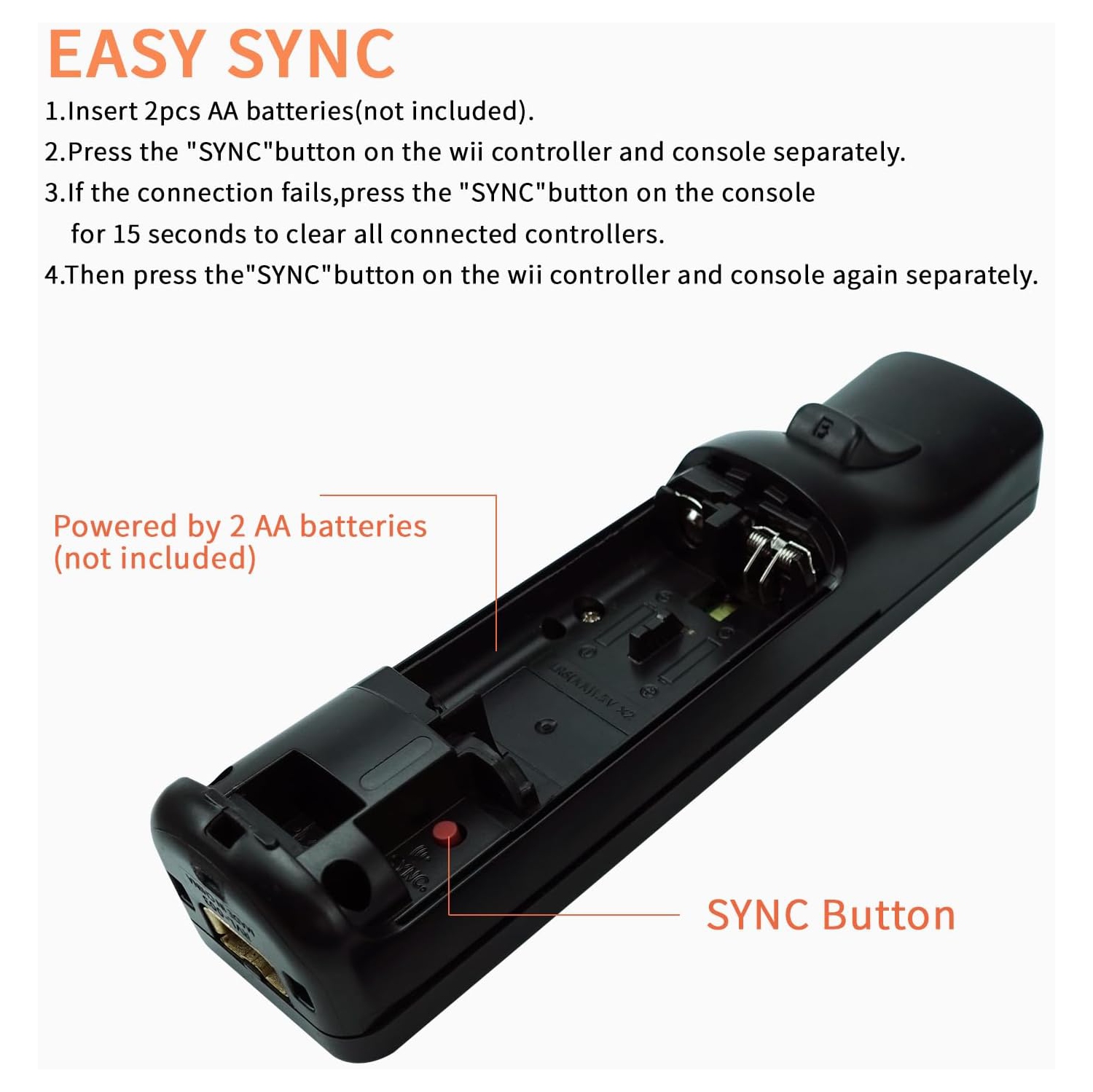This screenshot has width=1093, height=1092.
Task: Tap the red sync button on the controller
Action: tap(445, 831)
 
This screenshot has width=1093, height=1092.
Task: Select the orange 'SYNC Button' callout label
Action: tap(830, 915)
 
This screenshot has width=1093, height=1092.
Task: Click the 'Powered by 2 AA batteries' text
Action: tap(240, 526)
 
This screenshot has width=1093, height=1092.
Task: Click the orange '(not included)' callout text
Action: tap(154, 559)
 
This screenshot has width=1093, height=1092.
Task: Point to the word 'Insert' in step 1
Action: tap(102, 111)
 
